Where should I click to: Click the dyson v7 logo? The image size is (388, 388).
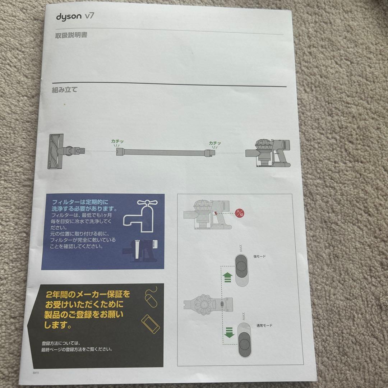point(75,17)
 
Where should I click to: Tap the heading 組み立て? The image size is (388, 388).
point(64,90)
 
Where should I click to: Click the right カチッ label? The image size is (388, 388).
point(215,143)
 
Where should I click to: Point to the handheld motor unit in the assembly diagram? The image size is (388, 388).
point(272,152)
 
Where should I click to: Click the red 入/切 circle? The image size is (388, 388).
point(239,213)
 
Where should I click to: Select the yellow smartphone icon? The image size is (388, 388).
point(151,324)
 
